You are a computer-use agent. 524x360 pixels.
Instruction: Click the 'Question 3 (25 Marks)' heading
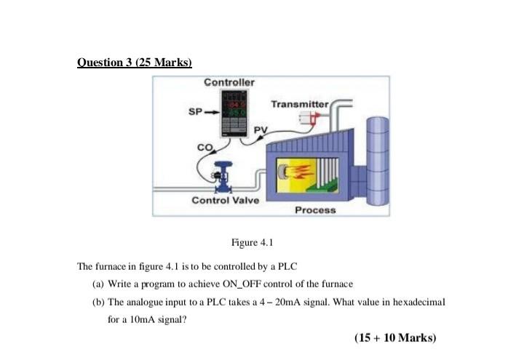[134, 63]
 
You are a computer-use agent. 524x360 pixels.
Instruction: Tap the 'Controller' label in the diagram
[229, 81]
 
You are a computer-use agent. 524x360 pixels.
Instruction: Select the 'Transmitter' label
[300, 104]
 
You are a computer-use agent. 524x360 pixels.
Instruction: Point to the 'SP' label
[194, 113]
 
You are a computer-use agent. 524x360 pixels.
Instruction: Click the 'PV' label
[261, 129]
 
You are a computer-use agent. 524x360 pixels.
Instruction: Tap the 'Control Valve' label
[225, 200]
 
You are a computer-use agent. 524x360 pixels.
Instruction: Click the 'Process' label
[316, 209]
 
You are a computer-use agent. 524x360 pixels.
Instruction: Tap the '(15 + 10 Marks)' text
[395, 337]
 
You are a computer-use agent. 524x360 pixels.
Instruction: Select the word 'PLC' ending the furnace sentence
[290, 266]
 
